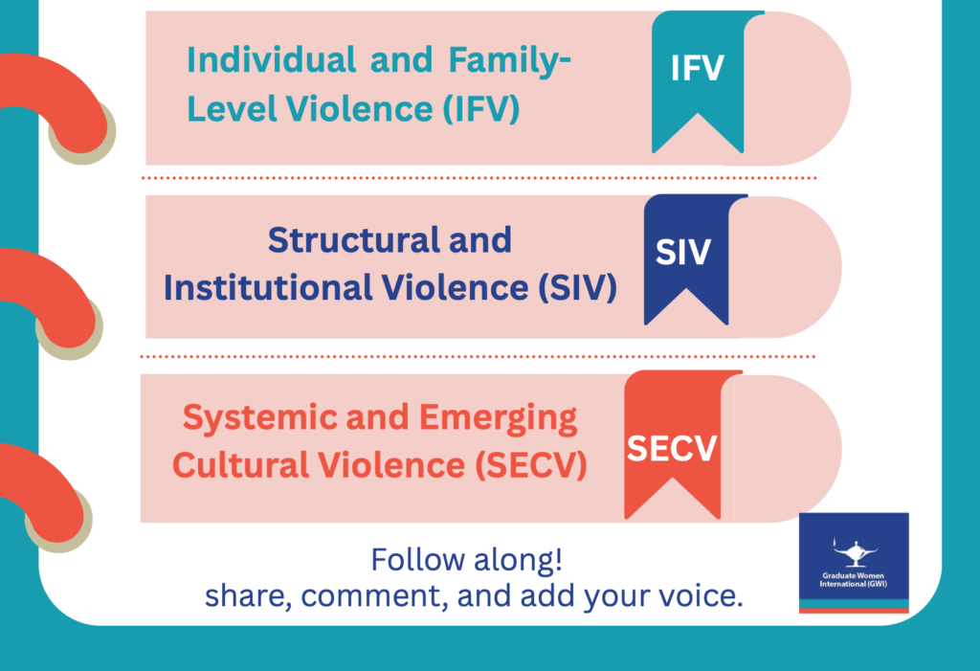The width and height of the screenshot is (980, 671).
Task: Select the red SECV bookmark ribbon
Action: coord(672,440)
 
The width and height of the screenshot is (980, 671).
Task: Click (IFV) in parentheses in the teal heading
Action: coord(481,108)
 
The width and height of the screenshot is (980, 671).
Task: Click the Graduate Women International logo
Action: coord(854,563)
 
